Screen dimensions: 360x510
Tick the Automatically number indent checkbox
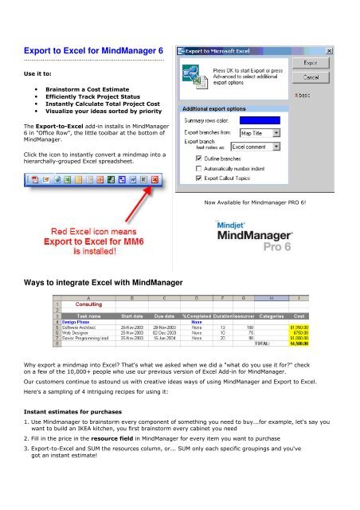198,177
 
